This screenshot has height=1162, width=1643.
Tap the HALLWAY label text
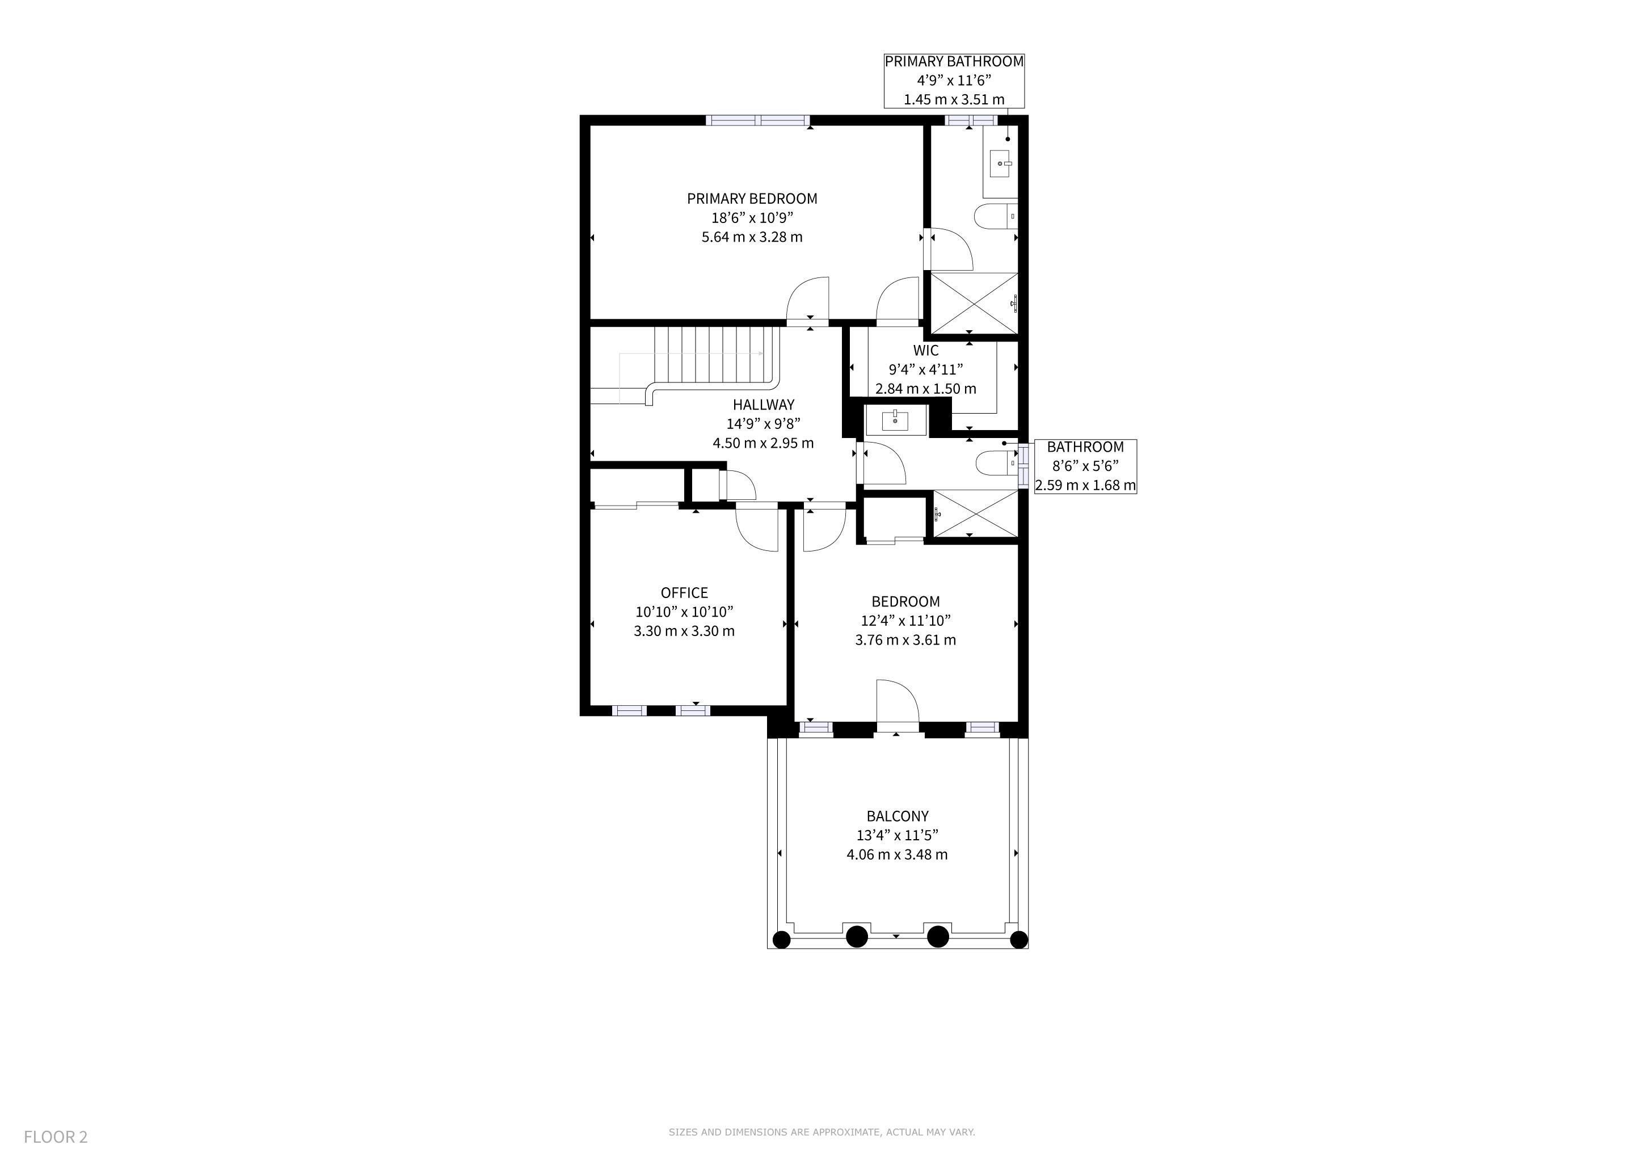[763, 405]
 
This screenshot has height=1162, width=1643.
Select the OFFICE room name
[684, 593]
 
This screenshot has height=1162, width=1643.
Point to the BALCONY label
[898, 816]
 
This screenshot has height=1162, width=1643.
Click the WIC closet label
[926, 351]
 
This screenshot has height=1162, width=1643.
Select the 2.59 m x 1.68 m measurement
[1085, 486]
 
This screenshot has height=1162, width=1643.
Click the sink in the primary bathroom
[1000, 164]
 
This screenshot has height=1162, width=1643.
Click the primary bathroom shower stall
[973, 304]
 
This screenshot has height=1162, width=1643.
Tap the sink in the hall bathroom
[896, 420]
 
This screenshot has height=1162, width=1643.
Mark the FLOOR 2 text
[56, 1137]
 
